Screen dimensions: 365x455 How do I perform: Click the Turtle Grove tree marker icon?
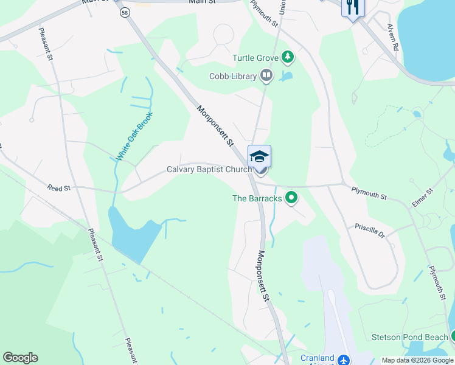(288, 58)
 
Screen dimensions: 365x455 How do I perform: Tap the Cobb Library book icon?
(266, 76)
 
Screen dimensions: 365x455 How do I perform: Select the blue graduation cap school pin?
(260, 156)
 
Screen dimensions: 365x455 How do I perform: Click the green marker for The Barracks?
(292, 198)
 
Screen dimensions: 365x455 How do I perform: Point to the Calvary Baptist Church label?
(209, 170)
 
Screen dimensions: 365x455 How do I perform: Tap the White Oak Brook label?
(134, 137)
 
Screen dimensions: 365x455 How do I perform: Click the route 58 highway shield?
(124, 13)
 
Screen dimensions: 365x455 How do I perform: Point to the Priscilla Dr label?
(370, 230)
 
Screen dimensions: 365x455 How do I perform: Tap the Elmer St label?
(422, 198)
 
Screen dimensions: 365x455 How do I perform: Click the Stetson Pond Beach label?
(410, 337)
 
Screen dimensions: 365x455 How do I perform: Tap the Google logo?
(20, 358)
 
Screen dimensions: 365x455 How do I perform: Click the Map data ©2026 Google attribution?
(417, 360)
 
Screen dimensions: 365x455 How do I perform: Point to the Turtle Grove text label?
(255, 58)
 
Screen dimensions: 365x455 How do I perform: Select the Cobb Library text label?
(233, 76)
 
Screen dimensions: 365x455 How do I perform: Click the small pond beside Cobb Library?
(285, 77)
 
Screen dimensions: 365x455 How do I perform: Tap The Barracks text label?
(257, 198)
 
